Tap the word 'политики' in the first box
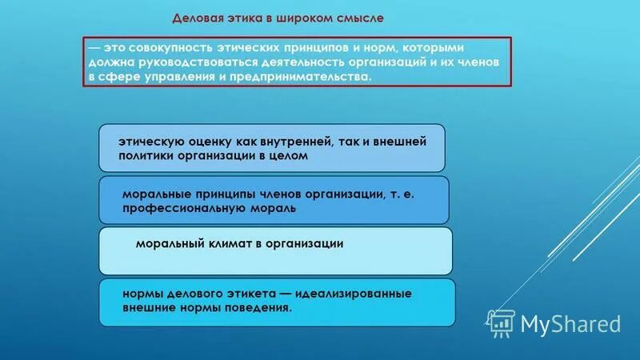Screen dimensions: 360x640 146,156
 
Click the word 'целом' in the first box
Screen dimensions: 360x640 289,156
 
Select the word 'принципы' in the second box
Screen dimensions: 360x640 221,194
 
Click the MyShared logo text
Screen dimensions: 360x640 570,324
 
